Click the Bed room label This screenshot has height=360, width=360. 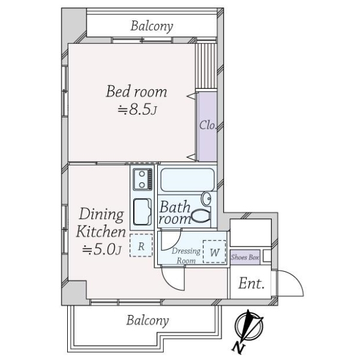[136, 91]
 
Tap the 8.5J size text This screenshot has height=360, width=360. [137, 109]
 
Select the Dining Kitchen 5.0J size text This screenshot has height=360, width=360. [102, 250]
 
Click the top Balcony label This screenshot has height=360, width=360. [152, 26]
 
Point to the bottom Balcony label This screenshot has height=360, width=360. [148, 320]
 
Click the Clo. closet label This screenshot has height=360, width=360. [208, 125]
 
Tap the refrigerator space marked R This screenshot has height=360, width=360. [141, 245]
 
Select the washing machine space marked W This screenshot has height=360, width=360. [214, 251]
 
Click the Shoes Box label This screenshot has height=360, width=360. [245, 257]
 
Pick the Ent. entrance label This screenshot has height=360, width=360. [251, 284]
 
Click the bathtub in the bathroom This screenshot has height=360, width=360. [187, 180]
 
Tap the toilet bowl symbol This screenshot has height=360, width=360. [201, 216]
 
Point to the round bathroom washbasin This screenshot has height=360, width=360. [206, 199]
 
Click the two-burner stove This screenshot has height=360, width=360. [143, 179]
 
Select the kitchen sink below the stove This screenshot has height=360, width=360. [142, 212]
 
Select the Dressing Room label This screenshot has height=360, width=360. [186, 256]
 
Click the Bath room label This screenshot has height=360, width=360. [175, 212]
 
